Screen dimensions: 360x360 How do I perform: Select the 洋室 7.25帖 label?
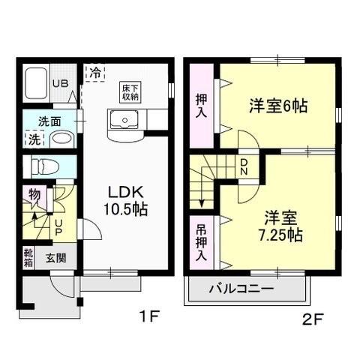pos(276,226)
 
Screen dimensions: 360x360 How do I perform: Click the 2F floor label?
pos(313,318)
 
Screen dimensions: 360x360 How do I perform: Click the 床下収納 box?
pos(130,91)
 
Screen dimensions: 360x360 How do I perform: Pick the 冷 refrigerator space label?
pos(95,73)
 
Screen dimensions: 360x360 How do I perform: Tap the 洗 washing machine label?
pos(34,139)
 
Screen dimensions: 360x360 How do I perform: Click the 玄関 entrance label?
pos(55,259)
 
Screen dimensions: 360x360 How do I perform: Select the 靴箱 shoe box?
pos(28,258)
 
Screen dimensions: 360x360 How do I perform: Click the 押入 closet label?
pos(202,105)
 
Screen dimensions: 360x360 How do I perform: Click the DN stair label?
pos(243,167)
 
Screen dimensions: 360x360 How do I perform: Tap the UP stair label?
pos(58,226)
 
